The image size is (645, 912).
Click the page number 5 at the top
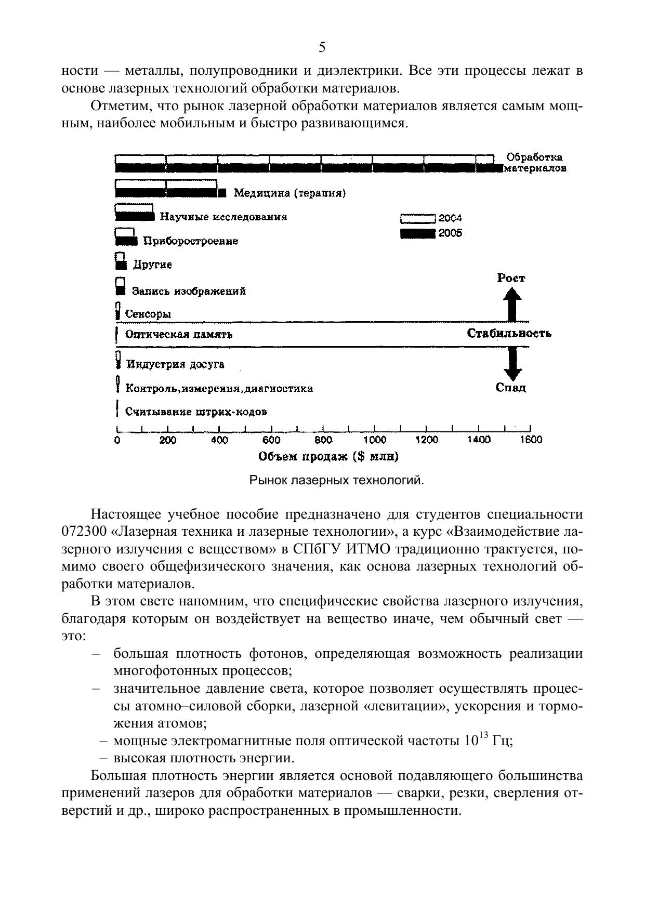322,48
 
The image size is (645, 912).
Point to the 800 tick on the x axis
323,440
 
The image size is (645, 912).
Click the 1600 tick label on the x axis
530,440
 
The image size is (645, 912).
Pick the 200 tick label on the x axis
167,440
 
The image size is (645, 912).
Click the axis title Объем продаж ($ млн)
328,457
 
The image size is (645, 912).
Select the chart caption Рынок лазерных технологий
337,481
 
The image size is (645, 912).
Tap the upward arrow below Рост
513,305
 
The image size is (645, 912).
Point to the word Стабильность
509,334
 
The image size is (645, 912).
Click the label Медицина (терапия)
289,193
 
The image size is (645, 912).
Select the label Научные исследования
223,217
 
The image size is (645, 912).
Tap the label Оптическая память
179,335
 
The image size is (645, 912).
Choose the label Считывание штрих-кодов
196,412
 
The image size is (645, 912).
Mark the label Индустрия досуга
175,364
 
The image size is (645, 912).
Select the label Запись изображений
189,291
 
